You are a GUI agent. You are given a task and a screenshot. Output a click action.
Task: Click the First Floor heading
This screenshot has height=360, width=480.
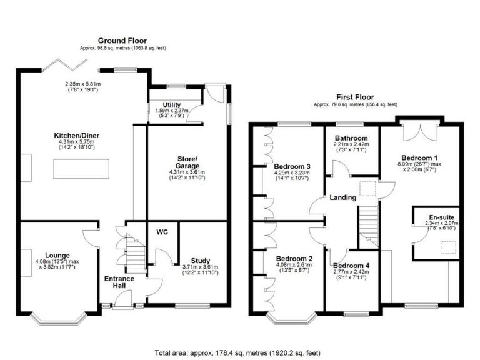pos(355,97)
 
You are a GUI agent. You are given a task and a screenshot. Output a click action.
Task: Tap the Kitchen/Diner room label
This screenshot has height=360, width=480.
pos(77,135)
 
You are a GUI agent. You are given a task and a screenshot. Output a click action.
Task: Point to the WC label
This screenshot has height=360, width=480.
pos(162,232)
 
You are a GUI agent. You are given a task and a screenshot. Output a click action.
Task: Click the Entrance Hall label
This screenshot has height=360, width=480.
pos(119,282)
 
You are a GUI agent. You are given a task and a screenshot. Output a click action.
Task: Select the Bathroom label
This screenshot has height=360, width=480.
pos(351,138)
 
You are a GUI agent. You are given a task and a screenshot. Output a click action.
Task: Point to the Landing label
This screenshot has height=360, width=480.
pos(344,197)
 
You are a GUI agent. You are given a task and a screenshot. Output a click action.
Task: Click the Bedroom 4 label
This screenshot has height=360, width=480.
pos(351,266)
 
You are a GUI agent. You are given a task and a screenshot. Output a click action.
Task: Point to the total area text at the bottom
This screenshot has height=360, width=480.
pos(240,352)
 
